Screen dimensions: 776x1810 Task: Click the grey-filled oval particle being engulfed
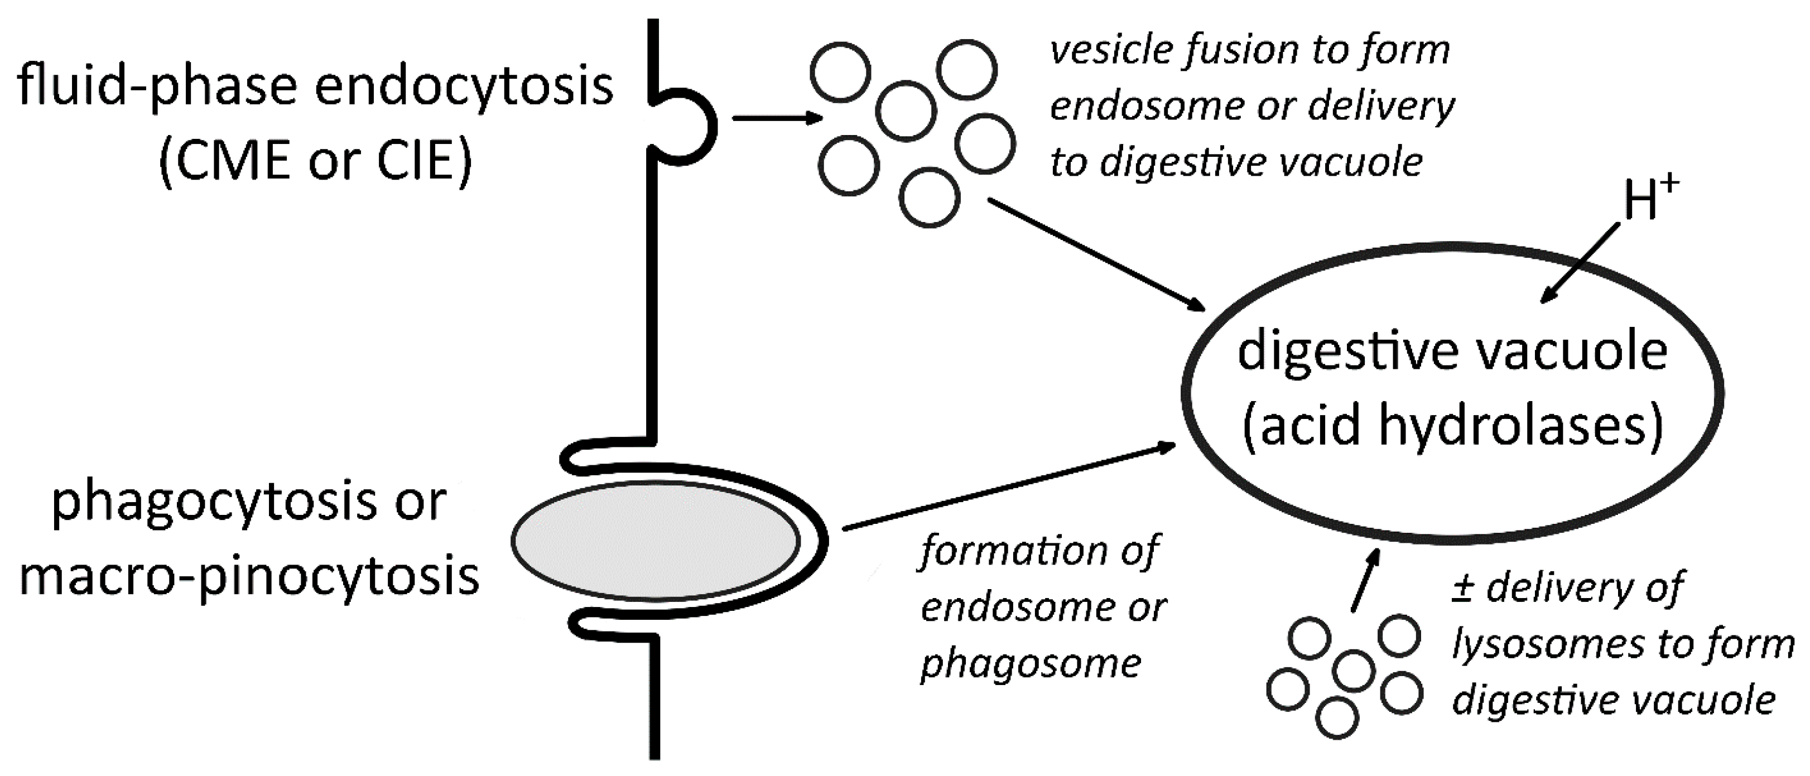[655, 541]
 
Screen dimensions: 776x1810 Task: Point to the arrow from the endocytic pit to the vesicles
[777, 118]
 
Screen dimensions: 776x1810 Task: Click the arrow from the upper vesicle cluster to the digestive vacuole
[1096, 255]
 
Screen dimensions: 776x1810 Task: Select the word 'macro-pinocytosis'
[249, 576]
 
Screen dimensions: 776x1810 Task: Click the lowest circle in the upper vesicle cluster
[929, 197]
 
